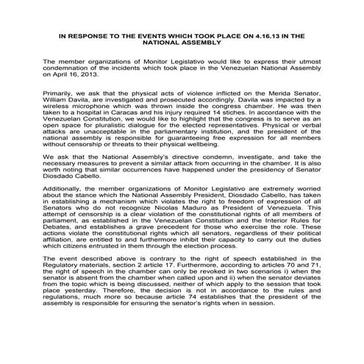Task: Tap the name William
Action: click(57, 124)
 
